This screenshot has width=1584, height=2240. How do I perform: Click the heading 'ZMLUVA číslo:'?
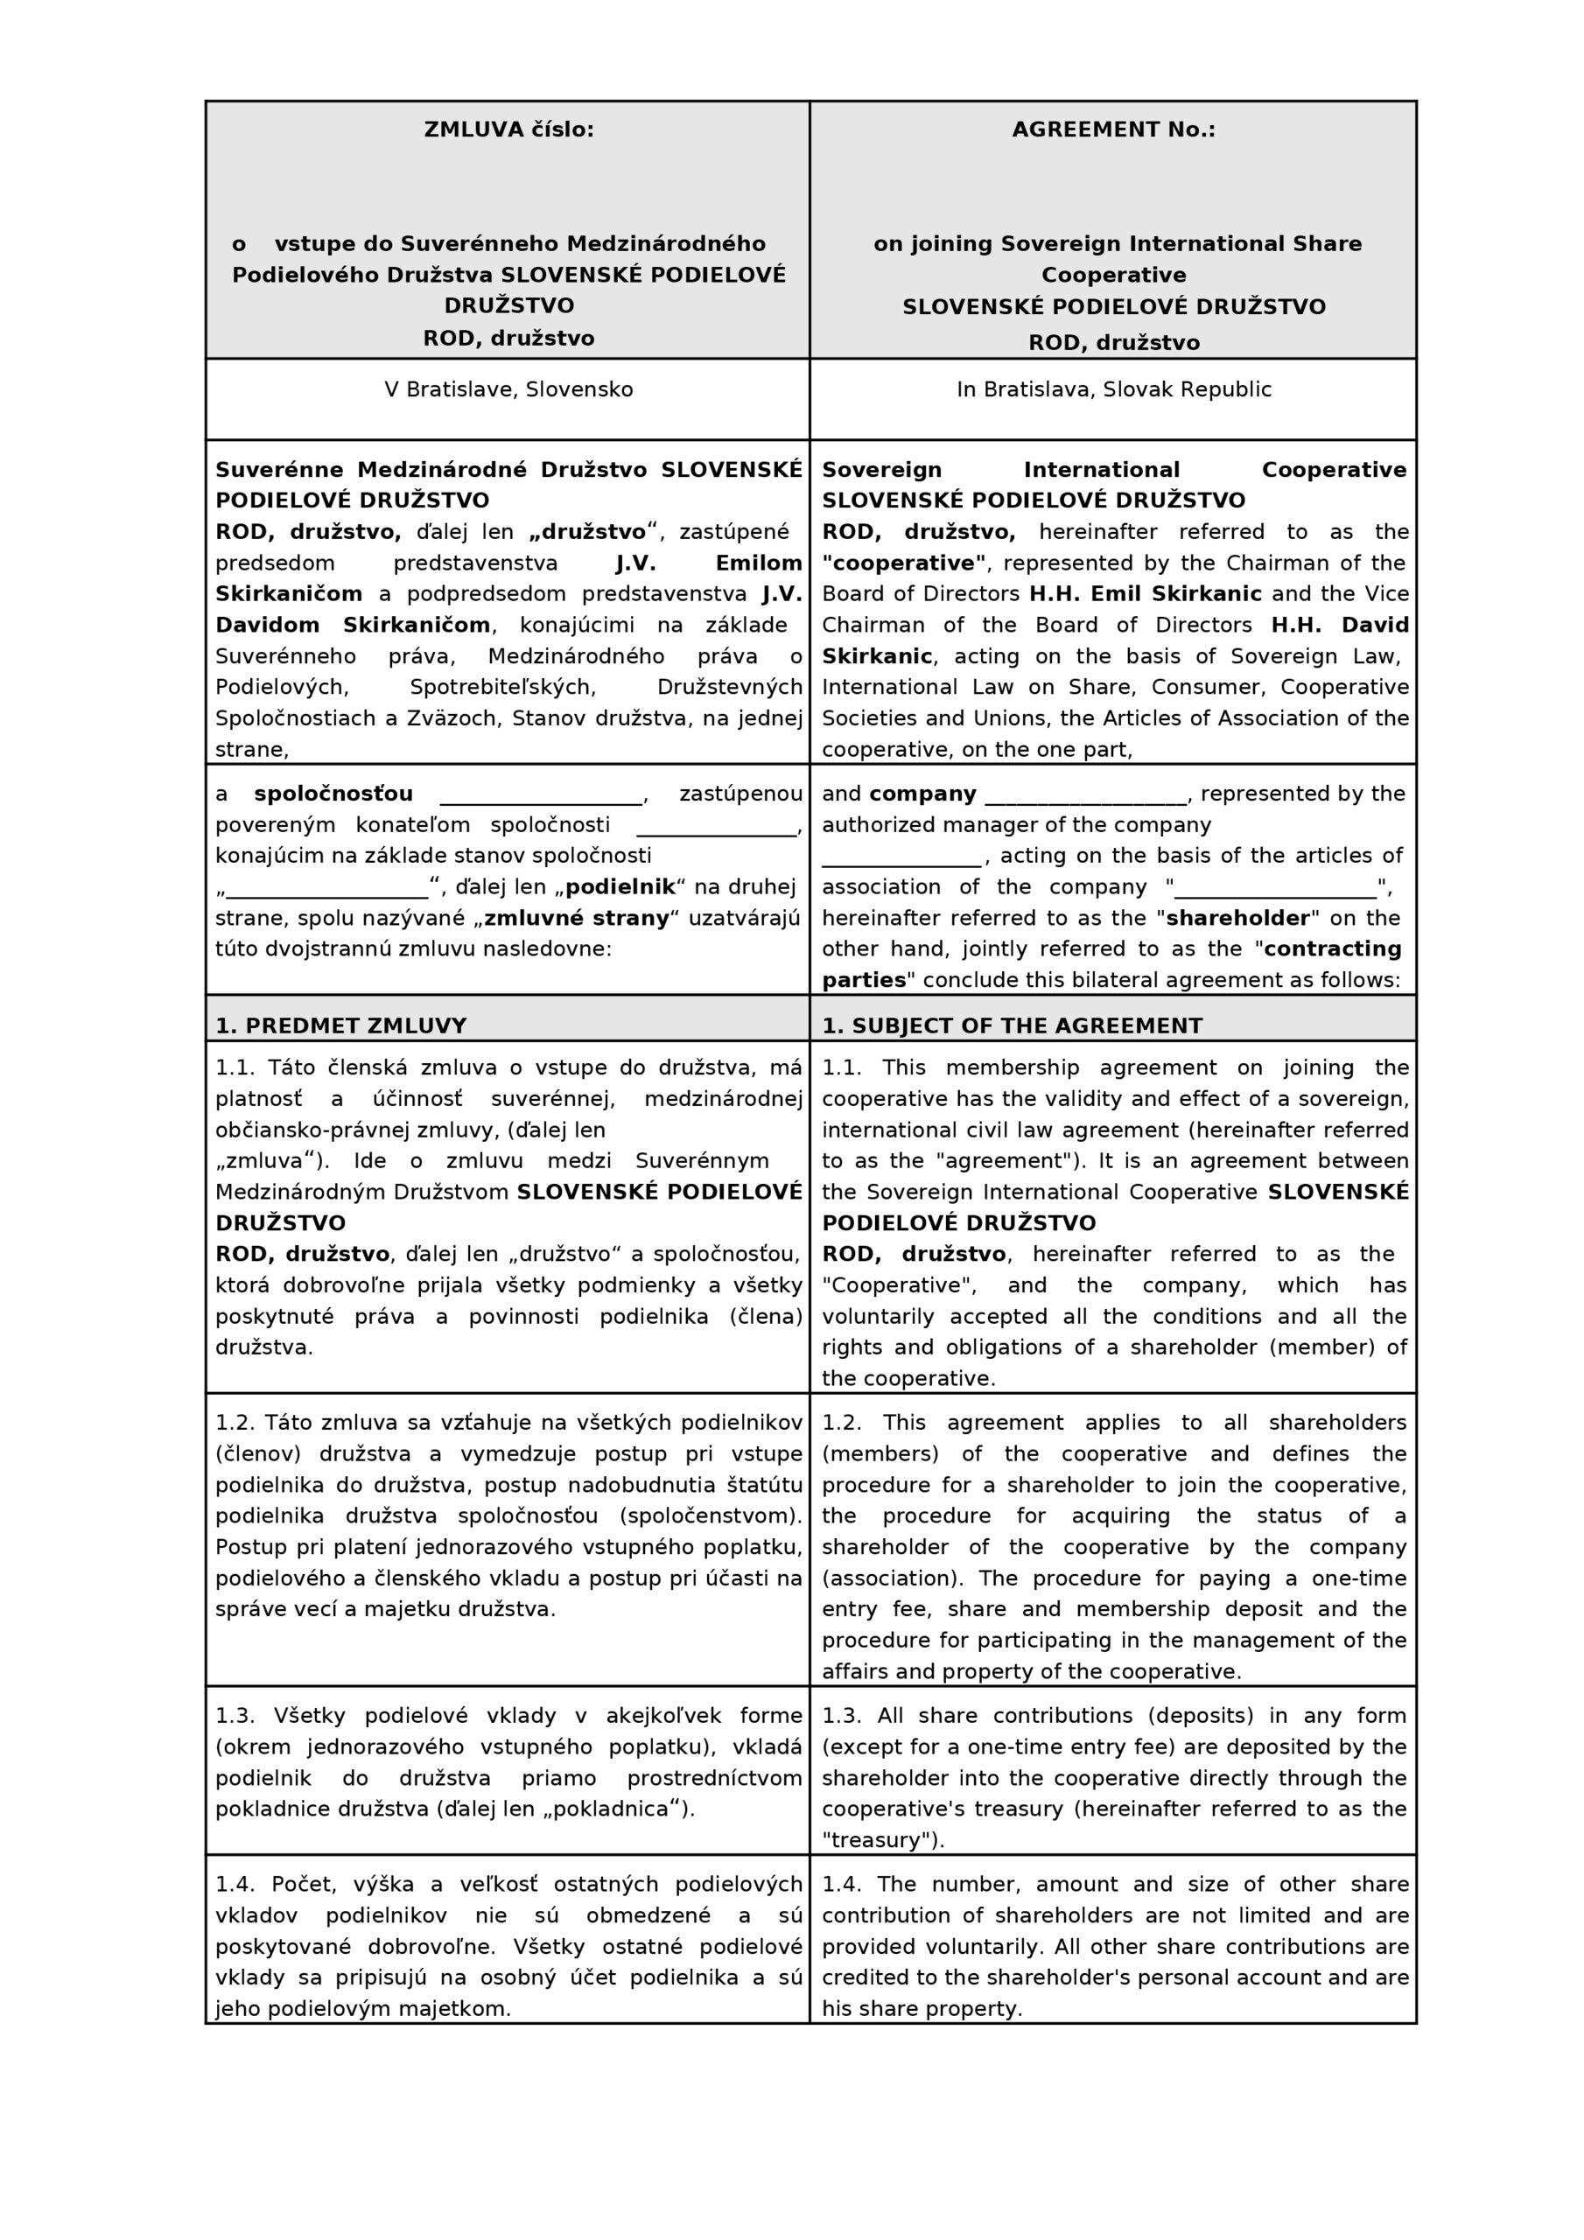point(508,129)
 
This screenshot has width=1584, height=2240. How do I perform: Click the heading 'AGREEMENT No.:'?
point(1112,129)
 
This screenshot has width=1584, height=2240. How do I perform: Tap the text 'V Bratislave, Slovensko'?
point(508,389)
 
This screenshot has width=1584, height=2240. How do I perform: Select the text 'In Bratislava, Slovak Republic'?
point(1113,389)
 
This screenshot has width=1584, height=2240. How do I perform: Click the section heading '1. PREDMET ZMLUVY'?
point(340,1025)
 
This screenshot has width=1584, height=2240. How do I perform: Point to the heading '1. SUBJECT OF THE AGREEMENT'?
point(1011,1025)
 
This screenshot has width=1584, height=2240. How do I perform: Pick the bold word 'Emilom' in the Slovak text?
point(759,563)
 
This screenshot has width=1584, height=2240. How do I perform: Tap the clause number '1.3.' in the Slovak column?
point(235,1715)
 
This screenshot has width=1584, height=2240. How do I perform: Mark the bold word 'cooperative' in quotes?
point(904,563)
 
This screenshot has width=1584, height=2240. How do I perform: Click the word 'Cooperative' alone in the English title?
point(1112,275)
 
